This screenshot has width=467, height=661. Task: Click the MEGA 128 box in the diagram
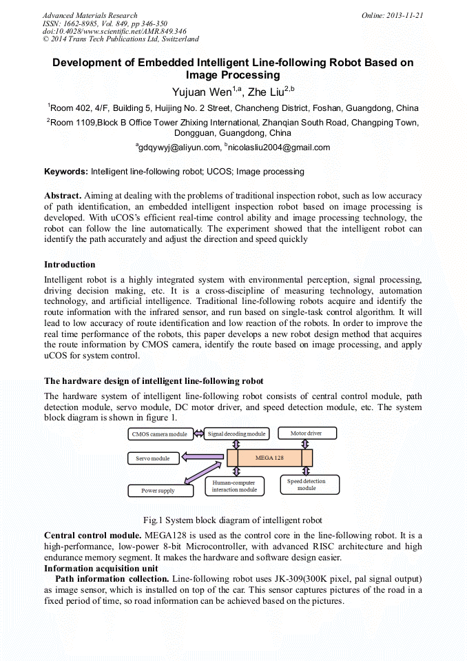tap(269, 458)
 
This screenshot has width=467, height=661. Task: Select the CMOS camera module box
tap(160, 434)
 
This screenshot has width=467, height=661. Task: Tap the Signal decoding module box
tap(236, 434)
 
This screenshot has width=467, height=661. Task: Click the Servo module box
tap(153, 458)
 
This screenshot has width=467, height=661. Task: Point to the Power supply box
tap(158, 491)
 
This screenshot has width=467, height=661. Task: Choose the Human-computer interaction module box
tap(234, 486)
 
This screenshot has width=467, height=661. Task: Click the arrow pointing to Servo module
tap(203, 458)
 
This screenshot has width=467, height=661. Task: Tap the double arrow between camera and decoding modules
tap(198, 434)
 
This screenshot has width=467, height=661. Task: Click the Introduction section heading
tap(70, 265)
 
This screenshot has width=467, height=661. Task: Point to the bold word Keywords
tap(66, 171)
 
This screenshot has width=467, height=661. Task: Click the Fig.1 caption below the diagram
tap(232, 520)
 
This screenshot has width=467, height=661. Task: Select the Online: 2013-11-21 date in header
tap(392, 15)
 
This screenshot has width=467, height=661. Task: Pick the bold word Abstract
tap(63, 196)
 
